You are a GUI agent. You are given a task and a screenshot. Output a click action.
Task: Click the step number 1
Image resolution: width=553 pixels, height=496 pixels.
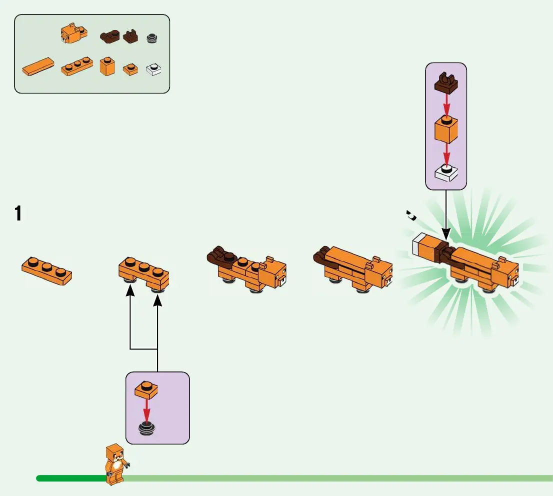18,214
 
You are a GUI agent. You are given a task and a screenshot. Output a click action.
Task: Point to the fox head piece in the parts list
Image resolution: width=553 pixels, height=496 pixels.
71,33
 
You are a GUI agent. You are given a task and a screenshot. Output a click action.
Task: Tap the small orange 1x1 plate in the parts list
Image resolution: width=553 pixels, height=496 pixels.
131,69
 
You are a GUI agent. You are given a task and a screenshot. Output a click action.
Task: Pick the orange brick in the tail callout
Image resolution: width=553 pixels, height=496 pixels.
446,129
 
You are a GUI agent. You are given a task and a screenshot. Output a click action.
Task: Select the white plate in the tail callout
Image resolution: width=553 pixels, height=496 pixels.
446,172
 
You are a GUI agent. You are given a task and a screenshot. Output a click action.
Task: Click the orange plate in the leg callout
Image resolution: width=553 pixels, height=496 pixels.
146,390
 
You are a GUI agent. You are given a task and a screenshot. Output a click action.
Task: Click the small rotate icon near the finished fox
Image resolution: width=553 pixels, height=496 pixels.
412,215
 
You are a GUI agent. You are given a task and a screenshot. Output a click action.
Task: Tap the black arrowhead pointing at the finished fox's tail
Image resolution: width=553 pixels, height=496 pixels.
445,234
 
